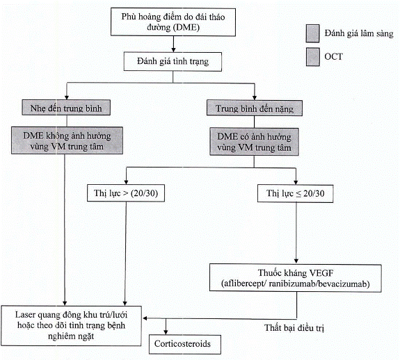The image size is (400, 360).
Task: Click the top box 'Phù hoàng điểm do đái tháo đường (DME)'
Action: [173, 22]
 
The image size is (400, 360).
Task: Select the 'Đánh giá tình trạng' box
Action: [173, 61]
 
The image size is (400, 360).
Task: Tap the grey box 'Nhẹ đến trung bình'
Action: [66, 108]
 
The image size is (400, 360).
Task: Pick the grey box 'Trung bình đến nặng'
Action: [255, 108]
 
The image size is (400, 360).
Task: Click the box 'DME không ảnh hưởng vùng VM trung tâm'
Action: [67, 140]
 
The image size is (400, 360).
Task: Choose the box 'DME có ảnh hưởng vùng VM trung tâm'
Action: [254, 142]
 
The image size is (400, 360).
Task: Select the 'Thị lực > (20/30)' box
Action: [126, 193]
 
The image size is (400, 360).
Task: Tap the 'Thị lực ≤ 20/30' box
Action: [296, 194]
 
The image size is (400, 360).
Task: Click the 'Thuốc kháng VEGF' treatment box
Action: [296, 278]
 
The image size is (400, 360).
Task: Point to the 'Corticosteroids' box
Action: [185, 344]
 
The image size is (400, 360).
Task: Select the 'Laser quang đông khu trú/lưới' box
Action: [71, 326]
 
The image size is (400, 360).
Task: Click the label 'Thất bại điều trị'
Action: [294, 328]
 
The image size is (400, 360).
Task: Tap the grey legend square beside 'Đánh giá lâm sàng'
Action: [313, 33]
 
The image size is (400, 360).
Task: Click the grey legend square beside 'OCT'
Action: [313, 57]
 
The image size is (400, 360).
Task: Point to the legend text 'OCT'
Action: [333, 56]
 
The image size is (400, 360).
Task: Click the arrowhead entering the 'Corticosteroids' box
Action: [166, 332]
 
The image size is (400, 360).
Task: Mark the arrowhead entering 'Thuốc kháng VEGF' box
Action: [296, 261]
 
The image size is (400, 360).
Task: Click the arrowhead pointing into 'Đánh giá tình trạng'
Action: [173, 49]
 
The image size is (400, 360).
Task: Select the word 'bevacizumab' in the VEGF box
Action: [344, 284]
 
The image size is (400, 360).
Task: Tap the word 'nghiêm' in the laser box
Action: [59, 336]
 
